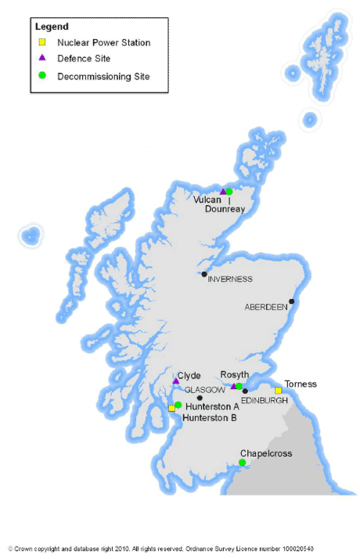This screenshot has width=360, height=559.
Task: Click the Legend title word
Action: click(x=52, y=27)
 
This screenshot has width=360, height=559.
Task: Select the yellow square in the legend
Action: click(x=43, y=42)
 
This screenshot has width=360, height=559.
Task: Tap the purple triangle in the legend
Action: click(x=43, y=59)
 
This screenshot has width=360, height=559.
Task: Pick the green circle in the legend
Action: click(x=43, y=76)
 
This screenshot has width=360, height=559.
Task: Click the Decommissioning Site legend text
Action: click(x=103, y=77)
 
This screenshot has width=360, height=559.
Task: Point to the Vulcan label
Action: click(x=207, y=200)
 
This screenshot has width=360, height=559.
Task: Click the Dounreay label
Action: click(x=225, y=210)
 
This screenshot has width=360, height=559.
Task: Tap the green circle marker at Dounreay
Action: click(x=229, y=192)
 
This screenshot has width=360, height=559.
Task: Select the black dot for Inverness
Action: click(x=204, y=274)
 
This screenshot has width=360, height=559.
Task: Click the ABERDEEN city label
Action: click(x=266, y=307)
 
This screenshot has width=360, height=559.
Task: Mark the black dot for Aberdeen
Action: click(x=291, y=301)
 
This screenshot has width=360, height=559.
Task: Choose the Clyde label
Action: click(x=189, y=376)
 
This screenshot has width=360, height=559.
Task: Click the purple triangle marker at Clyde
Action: click(x=175, y=382)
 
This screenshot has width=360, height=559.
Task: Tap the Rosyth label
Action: click(x=235, y=375)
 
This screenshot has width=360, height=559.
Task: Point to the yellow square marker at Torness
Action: click(x=278, y=391)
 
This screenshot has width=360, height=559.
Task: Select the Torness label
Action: click(x=301, y=384)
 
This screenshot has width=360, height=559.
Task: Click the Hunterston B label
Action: click(x=209, y=418)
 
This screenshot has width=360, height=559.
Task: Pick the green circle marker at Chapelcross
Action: click(x=243, y=463)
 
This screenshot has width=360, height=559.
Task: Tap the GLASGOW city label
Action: click(x=204, y=389)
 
